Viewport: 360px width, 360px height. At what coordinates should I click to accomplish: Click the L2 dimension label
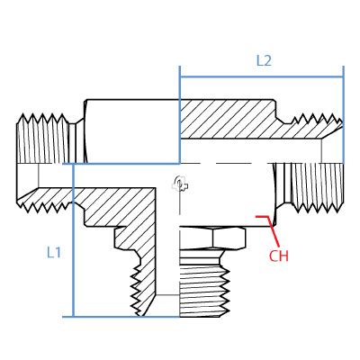pos(263,61)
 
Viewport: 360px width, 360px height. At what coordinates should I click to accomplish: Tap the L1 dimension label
pos(54,253)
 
